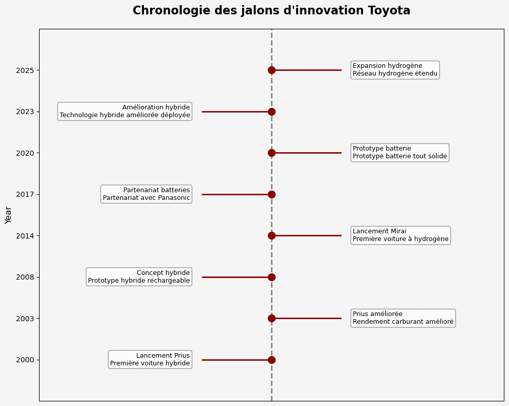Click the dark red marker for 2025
(x=271, y=70)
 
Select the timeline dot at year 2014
(x=271, y=235)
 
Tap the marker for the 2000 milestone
(x=271, y=360)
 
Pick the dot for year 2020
(x=271, y=153)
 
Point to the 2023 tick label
(x=25, y=112)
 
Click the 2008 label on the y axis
(x=25, y=277)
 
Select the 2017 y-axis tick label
(x=25, y=194)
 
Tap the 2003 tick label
(x=25, y=319)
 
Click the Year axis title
(x=8, y=215)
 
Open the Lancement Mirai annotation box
(x=401, y=235)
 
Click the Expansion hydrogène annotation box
(x=395, y=70)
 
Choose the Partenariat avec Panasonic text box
(x=147, y=194)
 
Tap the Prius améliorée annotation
(x=403, y=318)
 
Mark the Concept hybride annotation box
(x=139, y=277)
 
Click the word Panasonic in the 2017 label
(x=174, y=198)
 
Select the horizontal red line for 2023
(x=237, y=112)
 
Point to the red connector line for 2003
(x=306, y=318)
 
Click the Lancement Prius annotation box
(x=150, y=360)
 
